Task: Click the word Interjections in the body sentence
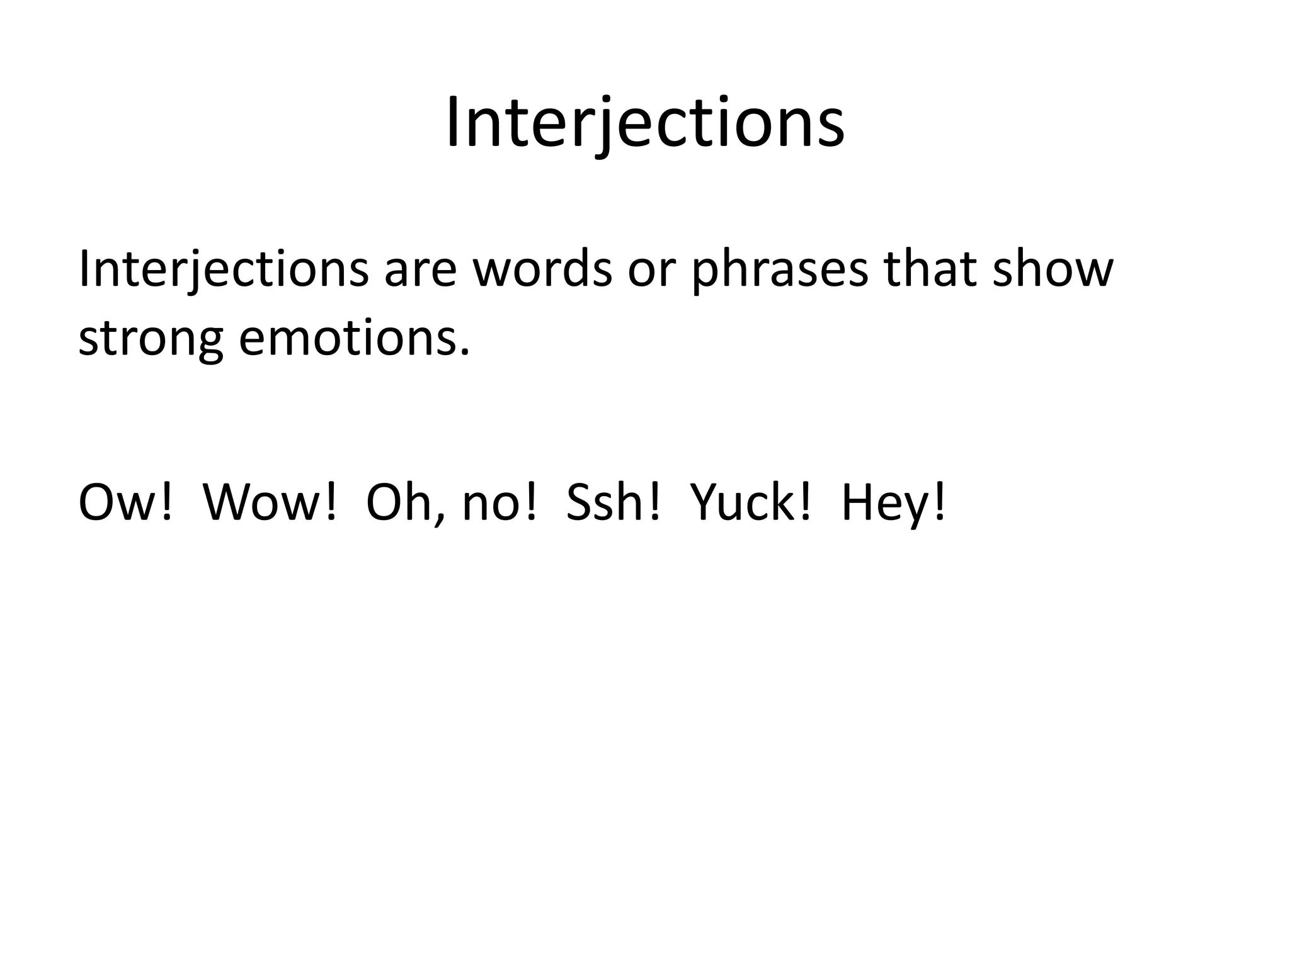223,269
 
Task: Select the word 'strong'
151,340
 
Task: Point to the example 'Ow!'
125,503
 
